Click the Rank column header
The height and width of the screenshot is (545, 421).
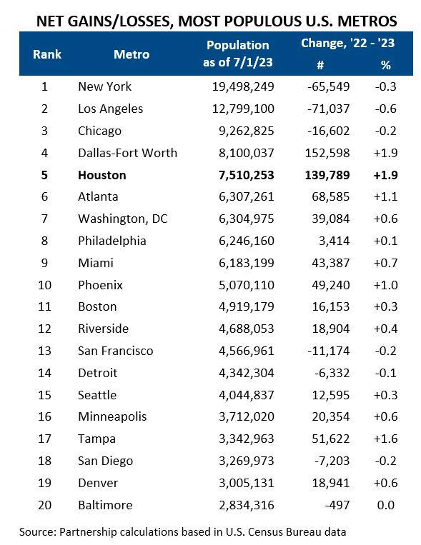click(x=47, y=54)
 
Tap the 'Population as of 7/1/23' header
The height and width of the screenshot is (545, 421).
click(x=237, y=54)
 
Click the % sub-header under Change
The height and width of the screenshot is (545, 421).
click(x=387, y=64)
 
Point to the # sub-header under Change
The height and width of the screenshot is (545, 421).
click(x=320, y=64)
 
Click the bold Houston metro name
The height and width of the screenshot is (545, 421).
click(x=102, y=175)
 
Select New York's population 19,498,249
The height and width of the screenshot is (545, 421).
click(x=238, y=87)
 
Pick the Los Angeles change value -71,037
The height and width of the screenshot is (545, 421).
click(x=326, y=109)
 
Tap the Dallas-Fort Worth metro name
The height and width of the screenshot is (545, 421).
click(x=127, y=153)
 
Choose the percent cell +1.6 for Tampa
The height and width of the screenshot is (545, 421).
click(x=386, y=439)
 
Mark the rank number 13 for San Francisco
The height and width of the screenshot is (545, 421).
click(x=44, y=351)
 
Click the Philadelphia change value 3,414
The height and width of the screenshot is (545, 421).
click(x=332, y=241)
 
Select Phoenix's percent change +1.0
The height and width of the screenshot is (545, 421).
click(x=386, y=285)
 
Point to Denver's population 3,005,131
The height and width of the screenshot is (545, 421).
click(x=241, y=483)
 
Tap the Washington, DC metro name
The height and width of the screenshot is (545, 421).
click(x=122, y=219)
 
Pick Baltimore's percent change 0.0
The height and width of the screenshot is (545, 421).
click(x=385, y=505)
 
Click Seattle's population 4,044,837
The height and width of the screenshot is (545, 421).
click(x=241, y=395)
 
